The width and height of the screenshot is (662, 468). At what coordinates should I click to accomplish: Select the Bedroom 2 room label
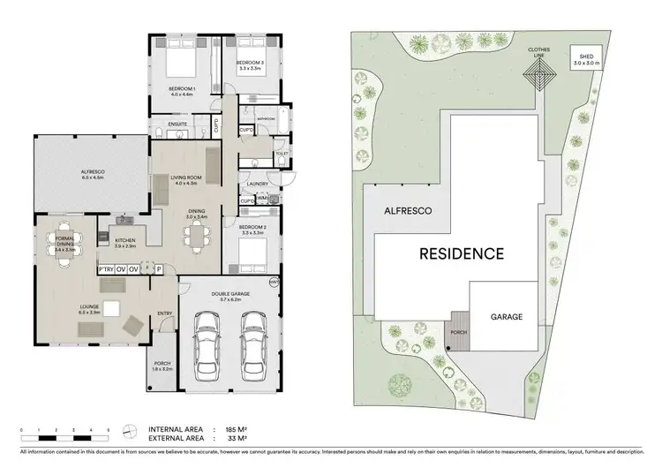tap(252, 229)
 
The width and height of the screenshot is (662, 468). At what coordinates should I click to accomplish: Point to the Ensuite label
tap(177, 125)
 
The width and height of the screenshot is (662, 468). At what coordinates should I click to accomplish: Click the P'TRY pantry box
tap(105, 269)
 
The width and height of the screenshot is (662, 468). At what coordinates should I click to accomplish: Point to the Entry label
tap(165, 313)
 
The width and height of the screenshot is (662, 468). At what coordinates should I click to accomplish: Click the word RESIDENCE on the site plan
tap(461, 254)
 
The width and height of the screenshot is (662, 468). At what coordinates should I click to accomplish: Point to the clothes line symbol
tap(538, 77)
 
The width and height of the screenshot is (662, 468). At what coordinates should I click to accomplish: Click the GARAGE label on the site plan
tap(501, 315)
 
